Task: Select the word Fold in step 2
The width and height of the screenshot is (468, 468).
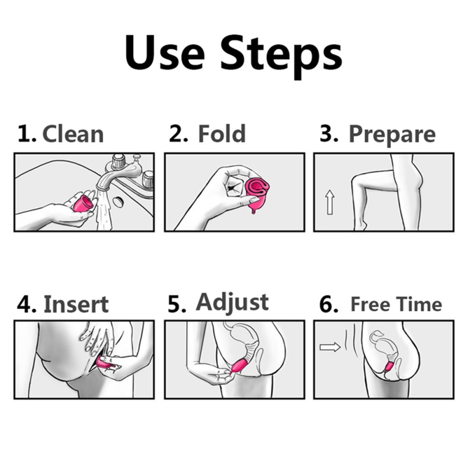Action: tap(222, 134)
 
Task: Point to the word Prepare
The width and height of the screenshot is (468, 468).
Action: tap(392, 135)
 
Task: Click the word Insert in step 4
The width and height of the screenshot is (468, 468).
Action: tap(76, 304)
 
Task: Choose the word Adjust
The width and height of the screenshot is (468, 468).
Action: tap(232, 303)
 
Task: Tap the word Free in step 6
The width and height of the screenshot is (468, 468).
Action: tap(370, 305)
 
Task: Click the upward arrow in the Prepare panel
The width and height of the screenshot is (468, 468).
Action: tap(329, 202)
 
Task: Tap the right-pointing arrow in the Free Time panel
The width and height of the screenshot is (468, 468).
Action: tap(330, 347)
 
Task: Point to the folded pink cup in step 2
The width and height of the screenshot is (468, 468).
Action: tap(257, 194)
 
